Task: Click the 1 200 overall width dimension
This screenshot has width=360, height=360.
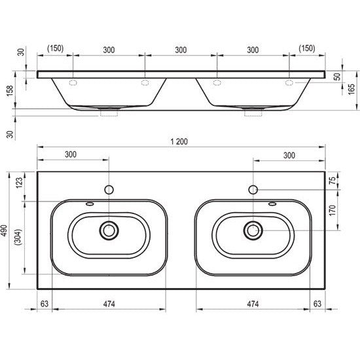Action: (179, 141)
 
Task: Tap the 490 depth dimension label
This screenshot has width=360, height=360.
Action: (4, 230)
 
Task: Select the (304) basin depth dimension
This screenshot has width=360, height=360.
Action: (18, 237)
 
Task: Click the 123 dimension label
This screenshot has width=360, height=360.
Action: (19, 183)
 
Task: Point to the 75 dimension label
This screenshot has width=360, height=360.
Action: (333, 180)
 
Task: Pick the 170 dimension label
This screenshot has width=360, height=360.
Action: (333, 210)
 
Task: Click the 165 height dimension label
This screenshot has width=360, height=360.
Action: (351, 89)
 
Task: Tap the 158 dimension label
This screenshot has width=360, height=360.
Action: (10, 91)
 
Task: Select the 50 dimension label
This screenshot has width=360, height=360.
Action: (338, 77)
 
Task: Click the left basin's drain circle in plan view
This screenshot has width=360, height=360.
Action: (109, 230)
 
